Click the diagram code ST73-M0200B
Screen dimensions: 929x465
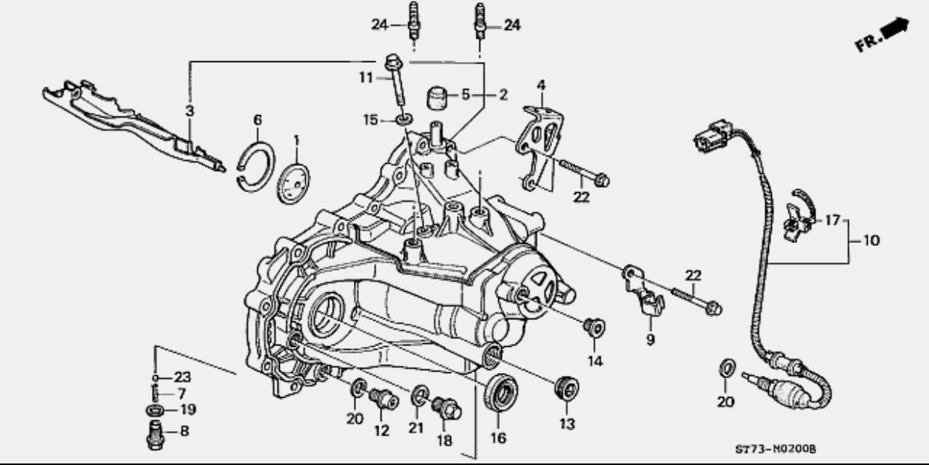click(776, 449)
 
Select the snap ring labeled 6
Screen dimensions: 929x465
click(257, 167)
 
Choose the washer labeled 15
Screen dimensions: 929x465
click(403, 120)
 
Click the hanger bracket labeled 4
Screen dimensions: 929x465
click(539, 147)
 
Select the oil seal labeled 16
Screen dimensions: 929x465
click(501, 392)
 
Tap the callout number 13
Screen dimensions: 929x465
click(567, 424)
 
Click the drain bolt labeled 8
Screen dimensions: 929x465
click(156, 435)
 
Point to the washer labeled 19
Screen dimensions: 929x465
click(154, 410)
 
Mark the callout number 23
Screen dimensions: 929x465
click(183, 377)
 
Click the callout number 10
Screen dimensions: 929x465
click(871, 241)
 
